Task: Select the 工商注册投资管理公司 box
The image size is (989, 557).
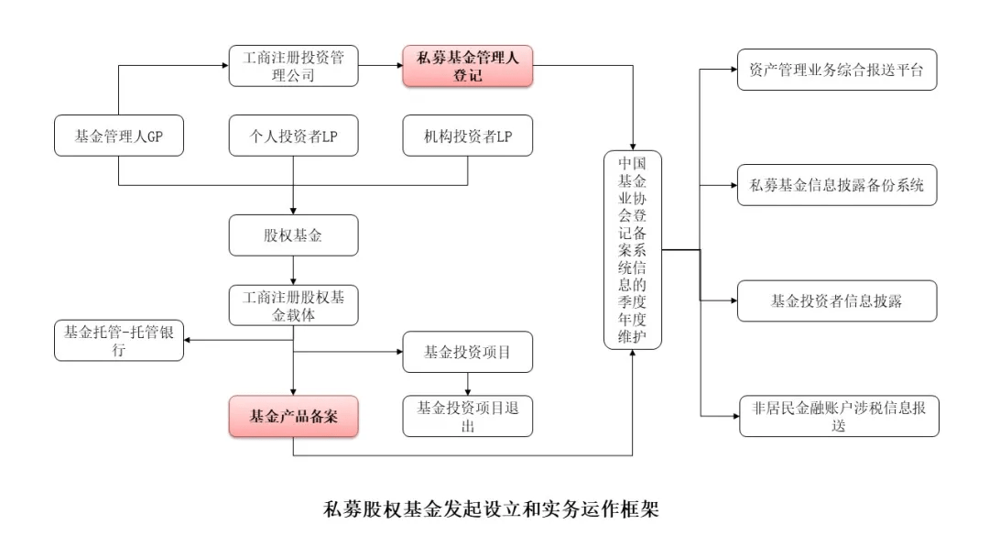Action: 293,67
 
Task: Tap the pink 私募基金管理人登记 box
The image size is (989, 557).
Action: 467,67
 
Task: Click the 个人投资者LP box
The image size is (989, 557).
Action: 293,137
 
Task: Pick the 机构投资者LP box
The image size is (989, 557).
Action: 467,137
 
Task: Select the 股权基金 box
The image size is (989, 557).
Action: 293,235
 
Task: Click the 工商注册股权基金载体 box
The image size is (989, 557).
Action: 293,305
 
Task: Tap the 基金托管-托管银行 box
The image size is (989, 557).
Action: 118,340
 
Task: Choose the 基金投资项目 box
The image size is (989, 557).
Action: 467,351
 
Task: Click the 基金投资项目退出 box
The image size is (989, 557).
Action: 467,416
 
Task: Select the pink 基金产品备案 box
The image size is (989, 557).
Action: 293,417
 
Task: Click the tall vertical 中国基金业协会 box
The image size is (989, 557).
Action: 633,249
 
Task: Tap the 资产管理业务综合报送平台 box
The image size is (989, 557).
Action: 837,70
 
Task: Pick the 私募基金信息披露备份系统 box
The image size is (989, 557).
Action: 837,185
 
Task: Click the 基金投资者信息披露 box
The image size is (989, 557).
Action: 837,300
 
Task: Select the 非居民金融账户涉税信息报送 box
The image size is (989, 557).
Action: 837,416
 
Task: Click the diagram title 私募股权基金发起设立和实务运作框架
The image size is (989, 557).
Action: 491,508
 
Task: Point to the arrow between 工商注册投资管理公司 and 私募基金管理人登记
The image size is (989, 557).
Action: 380,67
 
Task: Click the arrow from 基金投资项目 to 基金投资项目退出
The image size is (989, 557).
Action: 467,384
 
